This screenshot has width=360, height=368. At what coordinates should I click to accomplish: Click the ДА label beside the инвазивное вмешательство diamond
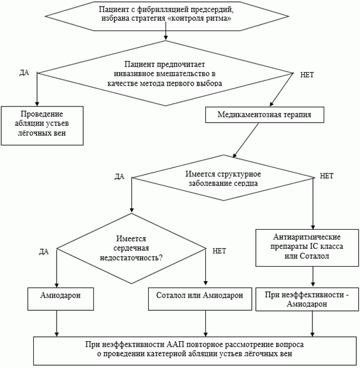(x=24, y=73)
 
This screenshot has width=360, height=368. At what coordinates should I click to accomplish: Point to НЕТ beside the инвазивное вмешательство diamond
(x=307, y=75)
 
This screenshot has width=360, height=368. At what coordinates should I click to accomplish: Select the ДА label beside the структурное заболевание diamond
(x=120, y=176)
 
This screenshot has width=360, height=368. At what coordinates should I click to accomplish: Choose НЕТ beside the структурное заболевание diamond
(x=327, y=176)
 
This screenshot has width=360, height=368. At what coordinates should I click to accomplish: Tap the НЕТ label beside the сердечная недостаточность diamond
(x=219, y=251)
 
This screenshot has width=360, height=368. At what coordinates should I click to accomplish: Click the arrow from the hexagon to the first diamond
(x=166, y=31)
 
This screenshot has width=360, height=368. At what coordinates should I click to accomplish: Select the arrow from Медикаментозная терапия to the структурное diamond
(x=246, y=140)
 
